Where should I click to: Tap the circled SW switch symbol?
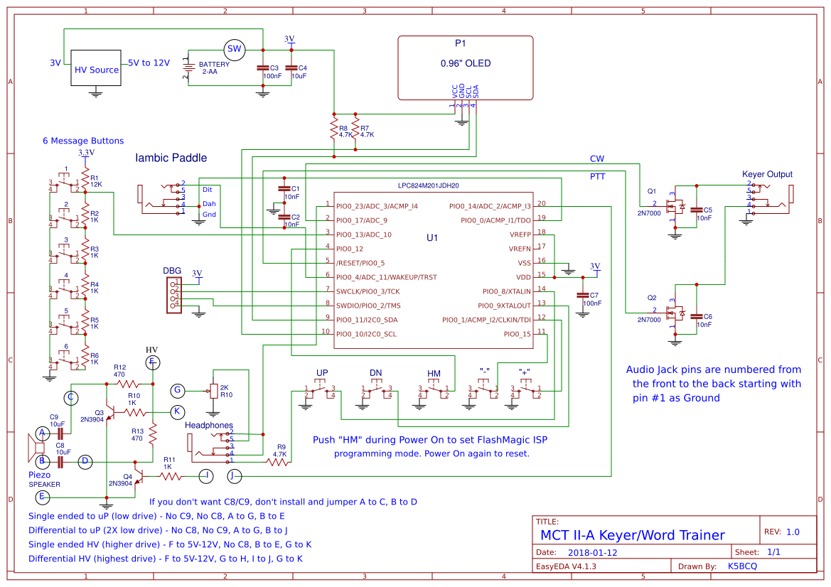[x=234, y=50]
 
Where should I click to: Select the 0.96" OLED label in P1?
[x=466, y=63]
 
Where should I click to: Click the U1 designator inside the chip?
[x=433, y=237]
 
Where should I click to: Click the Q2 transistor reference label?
[x=652, y=297]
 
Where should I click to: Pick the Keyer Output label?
[x=767, y=174]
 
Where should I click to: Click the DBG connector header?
[x=173, y=296]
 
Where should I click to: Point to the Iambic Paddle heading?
[x=171, y=158]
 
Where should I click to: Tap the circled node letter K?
[x=178, y=411]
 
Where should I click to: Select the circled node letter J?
[x=235, y=475]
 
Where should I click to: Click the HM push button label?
[x=434, y=374]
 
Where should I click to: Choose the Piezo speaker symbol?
[x=33, y=447]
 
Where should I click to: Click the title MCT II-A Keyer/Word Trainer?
[x=633, y=535]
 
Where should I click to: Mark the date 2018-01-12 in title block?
[x=593, y=552]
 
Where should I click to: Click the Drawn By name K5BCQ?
[x=744, y=566]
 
